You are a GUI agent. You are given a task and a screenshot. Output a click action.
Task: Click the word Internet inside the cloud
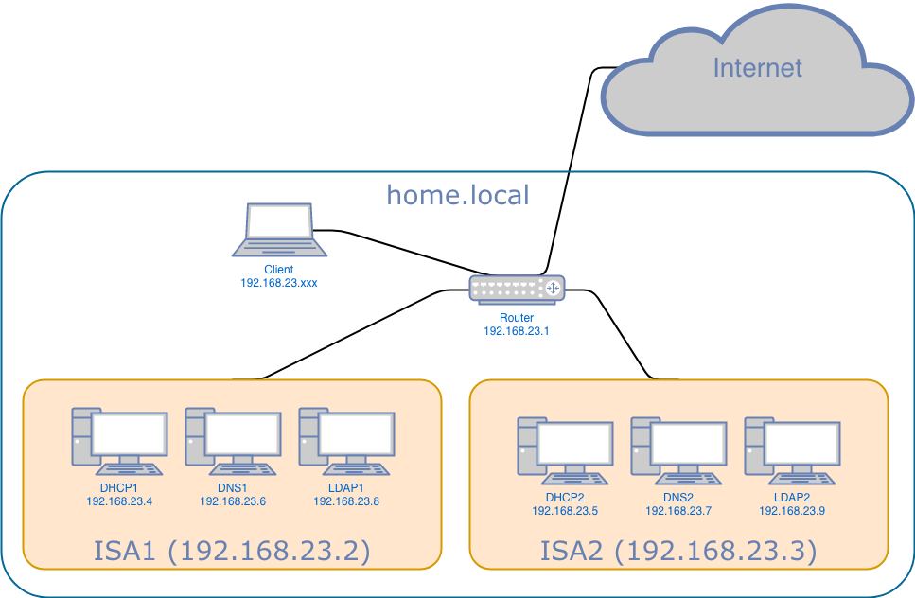757,68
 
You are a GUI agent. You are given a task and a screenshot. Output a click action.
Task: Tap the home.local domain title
458,195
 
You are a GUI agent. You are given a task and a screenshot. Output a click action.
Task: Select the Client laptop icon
280,230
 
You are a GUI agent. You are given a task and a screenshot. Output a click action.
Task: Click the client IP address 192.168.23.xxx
279,282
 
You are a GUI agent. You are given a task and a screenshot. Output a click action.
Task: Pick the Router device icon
518,289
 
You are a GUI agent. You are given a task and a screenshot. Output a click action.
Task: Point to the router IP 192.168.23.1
517,331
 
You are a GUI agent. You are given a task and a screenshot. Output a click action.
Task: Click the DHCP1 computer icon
119,441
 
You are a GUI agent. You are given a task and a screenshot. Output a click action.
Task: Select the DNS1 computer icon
233,441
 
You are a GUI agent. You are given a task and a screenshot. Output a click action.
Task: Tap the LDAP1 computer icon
346,441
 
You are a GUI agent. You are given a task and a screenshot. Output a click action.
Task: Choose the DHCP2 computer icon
565,450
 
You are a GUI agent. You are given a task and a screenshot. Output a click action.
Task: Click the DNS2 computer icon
678,450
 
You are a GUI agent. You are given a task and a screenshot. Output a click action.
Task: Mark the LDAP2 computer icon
792,450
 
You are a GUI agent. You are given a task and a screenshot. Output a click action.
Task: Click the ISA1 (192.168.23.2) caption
232,551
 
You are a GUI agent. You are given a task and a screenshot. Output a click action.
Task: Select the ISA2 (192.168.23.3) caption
678,551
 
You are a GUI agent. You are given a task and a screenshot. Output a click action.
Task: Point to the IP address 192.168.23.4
119,501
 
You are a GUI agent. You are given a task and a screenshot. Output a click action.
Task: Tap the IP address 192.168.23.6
233,501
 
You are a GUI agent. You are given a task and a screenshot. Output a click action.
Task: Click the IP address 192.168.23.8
346,501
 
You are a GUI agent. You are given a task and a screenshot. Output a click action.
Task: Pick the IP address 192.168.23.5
565,511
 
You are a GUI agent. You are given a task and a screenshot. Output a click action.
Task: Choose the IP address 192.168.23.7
678,511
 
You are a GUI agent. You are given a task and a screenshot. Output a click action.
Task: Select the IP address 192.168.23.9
792,511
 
